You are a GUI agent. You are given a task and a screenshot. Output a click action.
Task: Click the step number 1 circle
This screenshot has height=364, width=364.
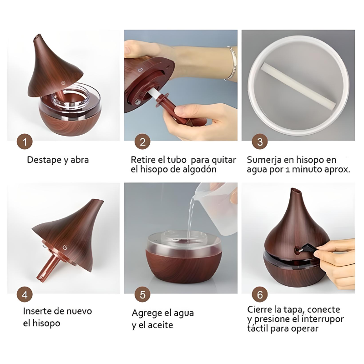tap(25, 142)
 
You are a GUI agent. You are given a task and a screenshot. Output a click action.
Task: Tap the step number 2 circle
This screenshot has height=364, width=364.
tap(142, 142)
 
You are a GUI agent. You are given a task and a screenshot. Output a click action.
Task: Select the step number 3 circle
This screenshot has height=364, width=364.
tap(259, 142)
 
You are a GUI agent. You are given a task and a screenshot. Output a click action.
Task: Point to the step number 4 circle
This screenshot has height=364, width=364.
tap(25, 294)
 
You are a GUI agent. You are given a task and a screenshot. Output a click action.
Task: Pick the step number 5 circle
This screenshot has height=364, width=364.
tap(142, 294)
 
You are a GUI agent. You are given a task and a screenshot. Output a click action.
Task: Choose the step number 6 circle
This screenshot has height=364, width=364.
tap(259, 294)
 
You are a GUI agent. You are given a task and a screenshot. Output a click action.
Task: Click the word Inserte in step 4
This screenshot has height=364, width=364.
tap(38, 311)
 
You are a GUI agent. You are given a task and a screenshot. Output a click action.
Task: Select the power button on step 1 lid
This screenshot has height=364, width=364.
tap(63, 84)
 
